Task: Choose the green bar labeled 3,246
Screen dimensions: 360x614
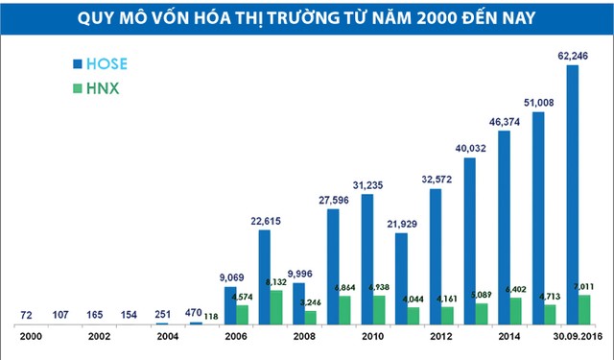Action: pos(310,317)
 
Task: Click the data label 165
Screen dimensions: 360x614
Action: pos(94,315)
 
